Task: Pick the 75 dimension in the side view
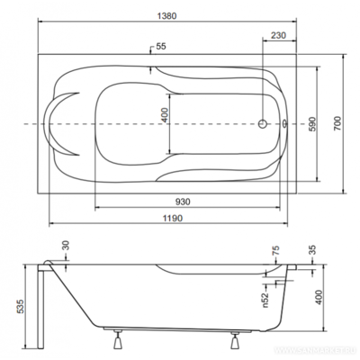coord(277,249)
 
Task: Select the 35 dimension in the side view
coord(312,249)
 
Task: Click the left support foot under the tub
coord(119,341)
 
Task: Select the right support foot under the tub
coord(236,341)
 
